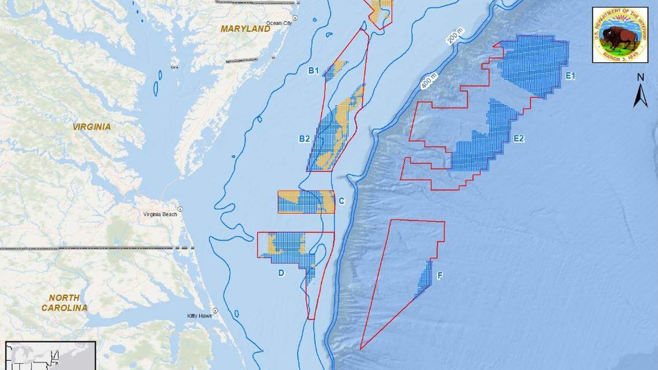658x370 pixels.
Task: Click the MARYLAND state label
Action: click(x=245, y=28)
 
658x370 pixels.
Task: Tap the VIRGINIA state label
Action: click(x=91, y=126)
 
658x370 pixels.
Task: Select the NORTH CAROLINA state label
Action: click(x=63, y=303)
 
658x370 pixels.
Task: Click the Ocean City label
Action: click(x=279, y=23)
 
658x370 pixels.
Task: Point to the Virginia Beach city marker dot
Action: click(x=181, y=209)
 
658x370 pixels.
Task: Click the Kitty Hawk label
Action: click(x=199, y=316)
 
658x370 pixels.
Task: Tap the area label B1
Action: click(x=313, y=71)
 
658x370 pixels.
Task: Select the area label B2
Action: click(x=304, y=139)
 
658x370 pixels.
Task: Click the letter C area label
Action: click(x=342, y=201)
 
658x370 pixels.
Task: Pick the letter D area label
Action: click(x=281, y=273)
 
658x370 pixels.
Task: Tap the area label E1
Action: click(x=570, y=76)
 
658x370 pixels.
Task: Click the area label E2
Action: click(x=518, y=139)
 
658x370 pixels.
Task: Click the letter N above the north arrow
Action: click(x=640, y=77)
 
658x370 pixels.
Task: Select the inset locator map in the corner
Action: click(x=50, y=356)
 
